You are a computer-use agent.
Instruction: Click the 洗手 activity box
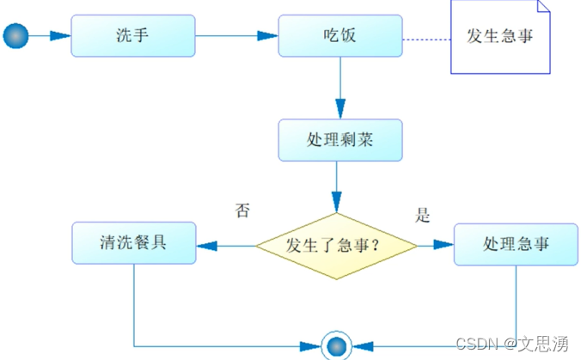pyautogui.click(x=133, y=36)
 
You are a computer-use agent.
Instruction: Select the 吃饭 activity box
pyautogui.click(x=340, y=36)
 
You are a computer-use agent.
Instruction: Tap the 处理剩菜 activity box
pyautogui.click(x=340, y=140)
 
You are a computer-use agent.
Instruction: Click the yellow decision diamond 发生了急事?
pyautogui.click(x=337, y=245)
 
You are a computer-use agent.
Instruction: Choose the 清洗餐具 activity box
pyautogui.click(x=133, y=244)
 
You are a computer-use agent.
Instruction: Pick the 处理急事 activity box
pyautogui.click(x=516, y=244)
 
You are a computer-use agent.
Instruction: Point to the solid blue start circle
pyautogui.click(x=16, y=36)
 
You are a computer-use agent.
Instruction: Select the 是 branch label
pyautogui.click(x=423, y=216)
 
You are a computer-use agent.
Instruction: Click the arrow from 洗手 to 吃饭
pyautogui.click(x=237, y=36)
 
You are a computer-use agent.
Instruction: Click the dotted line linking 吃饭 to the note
pyautogui.click(x=427, y=39)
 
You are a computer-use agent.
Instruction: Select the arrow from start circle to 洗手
pyautogui.click(x=50, y=36)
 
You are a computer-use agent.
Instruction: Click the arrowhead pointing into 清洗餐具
pyautogui.click(x=207, y=245)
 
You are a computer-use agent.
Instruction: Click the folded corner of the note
pyautogui.click(x=543, y=7)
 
